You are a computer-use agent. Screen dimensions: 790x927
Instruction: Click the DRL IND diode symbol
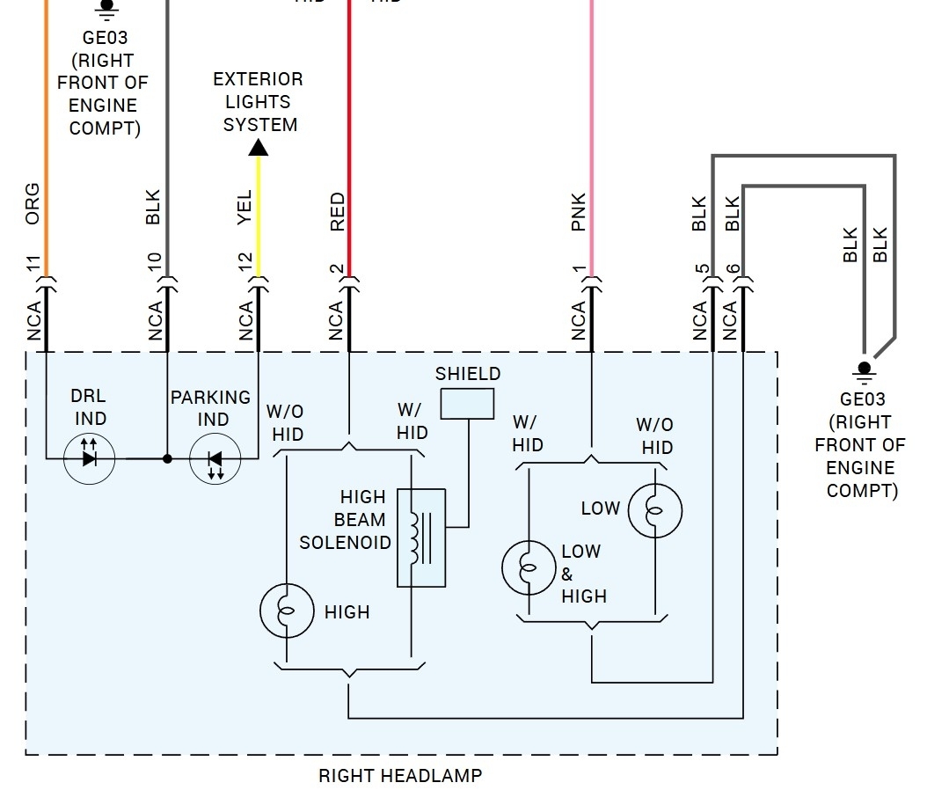[x=89, y=458]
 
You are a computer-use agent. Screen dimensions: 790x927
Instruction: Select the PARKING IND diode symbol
[x=215, y=458]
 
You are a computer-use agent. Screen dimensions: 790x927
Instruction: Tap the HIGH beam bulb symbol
[x=287, y=610]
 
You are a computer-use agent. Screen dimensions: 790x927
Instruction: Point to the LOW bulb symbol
[x=654, y=508]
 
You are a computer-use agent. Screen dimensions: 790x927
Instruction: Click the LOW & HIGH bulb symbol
[x=528, y=567]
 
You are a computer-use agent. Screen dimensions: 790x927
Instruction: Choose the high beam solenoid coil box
[x=421, y=537]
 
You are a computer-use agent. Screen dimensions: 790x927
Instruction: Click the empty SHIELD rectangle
[x=467, y=403]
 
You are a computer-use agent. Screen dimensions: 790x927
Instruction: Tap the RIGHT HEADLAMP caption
[x=400, y=776]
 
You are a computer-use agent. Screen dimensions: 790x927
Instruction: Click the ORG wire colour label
[x=33, y=203]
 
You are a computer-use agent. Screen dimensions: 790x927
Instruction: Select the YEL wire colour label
[x=245, y=208]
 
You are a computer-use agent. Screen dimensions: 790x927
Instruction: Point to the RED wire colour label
[x=337, y=213]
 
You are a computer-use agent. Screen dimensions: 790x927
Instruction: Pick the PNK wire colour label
[x=578, y=212]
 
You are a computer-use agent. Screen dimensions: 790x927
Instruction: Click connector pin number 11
[x=33, y=264]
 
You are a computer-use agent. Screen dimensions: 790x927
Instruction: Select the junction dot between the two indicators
[x=167, y=458]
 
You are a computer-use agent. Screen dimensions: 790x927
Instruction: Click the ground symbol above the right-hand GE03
[x=865, y=370]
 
